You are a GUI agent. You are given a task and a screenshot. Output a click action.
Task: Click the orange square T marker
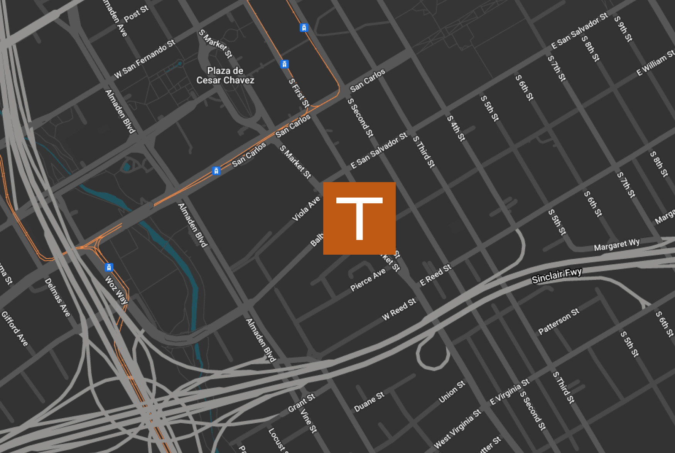(359, 218)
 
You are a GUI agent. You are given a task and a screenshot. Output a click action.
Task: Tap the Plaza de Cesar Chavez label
(225, 76)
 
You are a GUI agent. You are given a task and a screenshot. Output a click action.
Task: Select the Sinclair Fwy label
(556, 276)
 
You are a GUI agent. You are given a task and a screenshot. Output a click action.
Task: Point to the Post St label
(136, 14)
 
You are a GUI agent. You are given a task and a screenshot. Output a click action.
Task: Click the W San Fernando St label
(145, 59)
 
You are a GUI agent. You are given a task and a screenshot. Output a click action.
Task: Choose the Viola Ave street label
(306, 209)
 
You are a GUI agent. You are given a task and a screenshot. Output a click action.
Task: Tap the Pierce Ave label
(368, 280)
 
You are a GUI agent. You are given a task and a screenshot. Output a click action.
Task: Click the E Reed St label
(435, 275)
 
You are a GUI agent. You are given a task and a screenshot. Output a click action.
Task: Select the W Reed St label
(399, 309)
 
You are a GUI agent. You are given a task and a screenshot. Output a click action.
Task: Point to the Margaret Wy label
(616, 245)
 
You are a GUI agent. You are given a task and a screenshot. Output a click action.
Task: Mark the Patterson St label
(559, 321)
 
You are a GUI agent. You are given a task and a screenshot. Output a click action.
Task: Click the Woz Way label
(116, 290)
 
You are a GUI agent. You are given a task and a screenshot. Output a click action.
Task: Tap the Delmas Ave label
(57, 297)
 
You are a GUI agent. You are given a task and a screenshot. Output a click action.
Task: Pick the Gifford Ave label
(15, 328)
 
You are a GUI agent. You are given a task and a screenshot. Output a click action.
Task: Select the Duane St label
(369, 402)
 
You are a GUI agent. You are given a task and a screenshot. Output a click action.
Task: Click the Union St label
(452, 392)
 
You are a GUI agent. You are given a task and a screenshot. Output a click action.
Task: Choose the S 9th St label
(623, 29)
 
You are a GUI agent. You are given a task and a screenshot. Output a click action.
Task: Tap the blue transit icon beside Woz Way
(109, 267)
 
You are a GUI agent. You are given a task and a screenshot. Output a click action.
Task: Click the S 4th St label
(456, 128)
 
